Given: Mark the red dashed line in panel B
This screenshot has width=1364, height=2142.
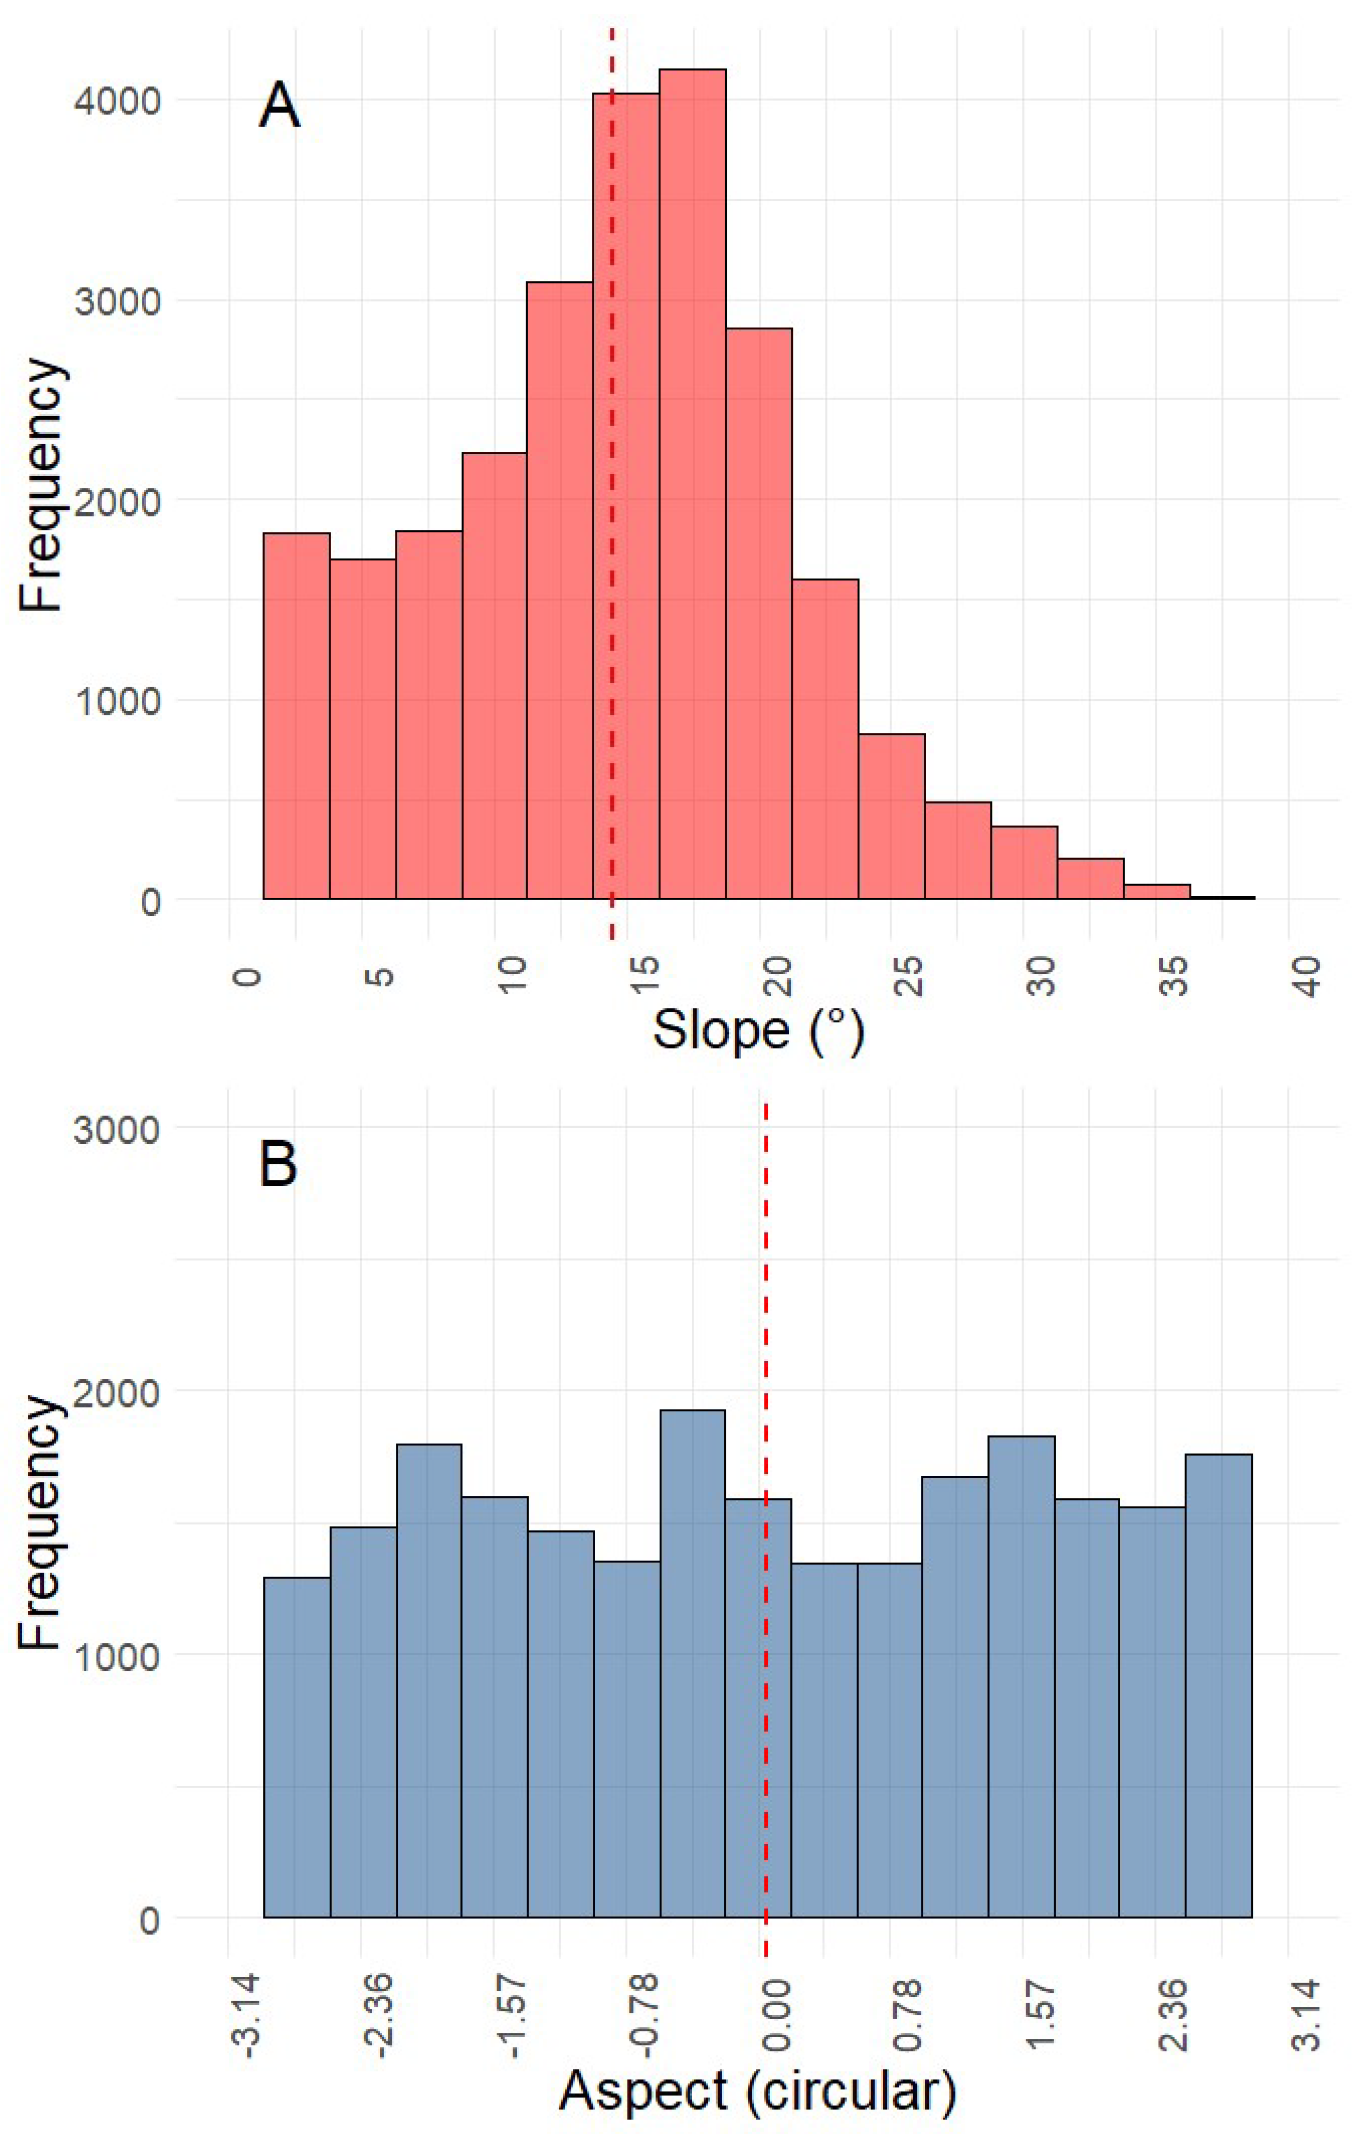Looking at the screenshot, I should tap(765, 1512).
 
